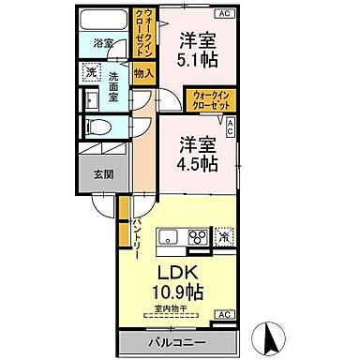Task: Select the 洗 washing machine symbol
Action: [91, 70]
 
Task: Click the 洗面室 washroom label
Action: [114, 83]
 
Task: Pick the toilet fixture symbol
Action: [97, 127]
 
